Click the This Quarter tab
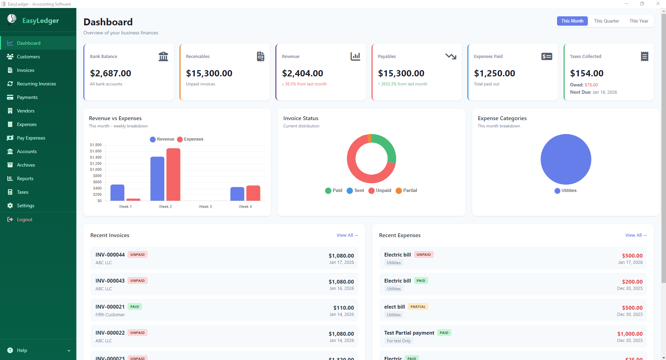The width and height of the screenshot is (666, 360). pyautogui.click(x=606, y=21)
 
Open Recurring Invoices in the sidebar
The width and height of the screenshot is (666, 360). pyautogui.click(x=36, y=84)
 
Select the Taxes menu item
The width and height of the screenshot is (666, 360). pyautogui.click(x=23, y=192)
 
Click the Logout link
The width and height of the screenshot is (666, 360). pyautogui.click(x=24, y=219)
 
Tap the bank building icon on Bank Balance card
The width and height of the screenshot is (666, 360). pyautogui.click(x=163, y=56)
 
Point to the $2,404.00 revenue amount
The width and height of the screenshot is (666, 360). pyautogui.click(x=302, y=73)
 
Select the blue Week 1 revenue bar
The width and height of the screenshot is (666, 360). pyautogui.click(x=117, y=193)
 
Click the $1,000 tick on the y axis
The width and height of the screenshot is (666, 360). pyautogui.click(x=95, y=169)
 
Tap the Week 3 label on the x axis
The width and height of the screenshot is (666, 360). pyautogui.click(x=205, y=207)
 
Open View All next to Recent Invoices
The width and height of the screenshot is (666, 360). pyautogui.click(x=347, y=235)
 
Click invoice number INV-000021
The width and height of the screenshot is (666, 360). pyautogui.click(x=110, y=307)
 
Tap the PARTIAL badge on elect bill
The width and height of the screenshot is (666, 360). pyautogui.click(x=418, y=307)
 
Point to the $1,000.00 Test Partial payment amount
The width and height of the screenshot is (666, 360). pyautogui.click(x=630, y=334)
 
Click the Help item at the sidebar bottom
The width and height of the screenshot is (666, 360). pyautogui.click(x=22, y=350)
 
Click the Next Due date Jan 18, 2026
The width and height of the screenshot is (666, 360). pyautogui.click(x=605, y=92)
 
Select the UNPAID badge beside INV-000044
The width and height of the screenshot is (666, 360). pyautogui.click(x=138, y=254)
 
